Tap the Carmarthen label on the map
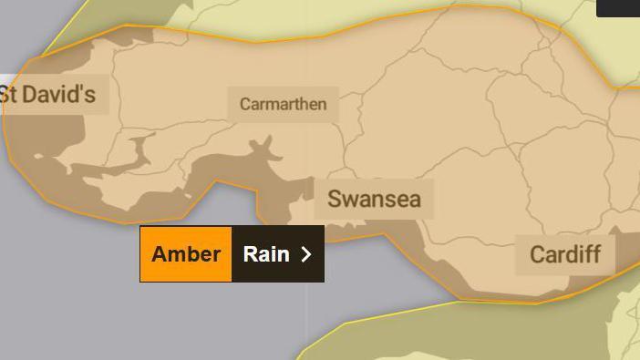pos(283,104)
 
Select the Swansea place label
pos(374,199)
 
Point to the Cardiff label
pos(565,253)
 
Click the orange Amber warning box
pos(186,254)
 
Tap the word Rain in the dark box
pos(266,254)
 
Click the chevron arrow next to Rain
pos(306,254)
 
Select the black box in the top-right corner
pos(619,7)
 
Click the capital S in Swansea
pos(335,199)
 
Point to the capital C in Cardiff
pos(537,253)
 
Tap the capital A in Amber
pos(160,254)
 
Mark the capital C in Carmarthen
pos(245,104)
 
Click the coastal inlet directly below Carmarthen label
pos(265,146)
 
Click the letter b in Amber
pos(192,254)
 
